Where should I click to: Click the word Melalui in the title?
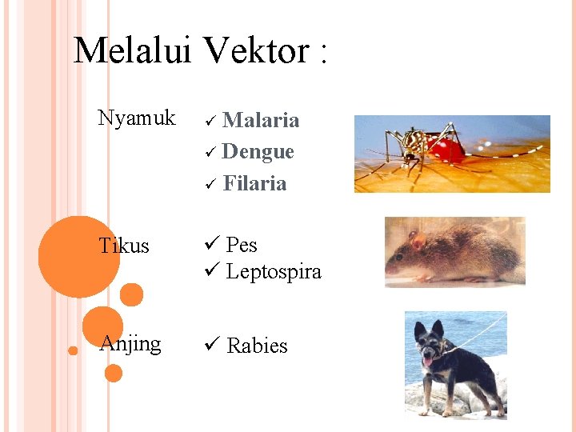click(x=132, y=51)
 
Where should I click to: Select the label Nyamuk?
click(x=136, y=118)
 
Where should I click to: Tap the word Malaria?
click(x=261, y=120)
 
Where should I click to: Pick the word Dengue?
click(x=258, y=151)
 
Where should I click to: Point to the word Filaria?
click(x=254, y=183)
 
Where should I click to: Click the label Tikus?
click(x=124, y=246)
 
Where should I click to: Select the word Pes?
click(x=241, y=245)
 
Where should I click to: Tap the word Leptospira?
click(x=273, y=272)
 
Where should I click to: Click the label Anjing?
click(x=130, y=343)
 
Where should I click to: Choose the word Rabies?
click(x=257, y=346)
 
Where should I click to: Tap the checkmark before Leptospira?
click(x=211, y=271)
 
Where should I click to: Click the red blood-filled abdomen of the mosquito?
click(x=445, y=149)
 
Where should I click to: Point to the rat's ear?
click(x=418, y=238)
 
